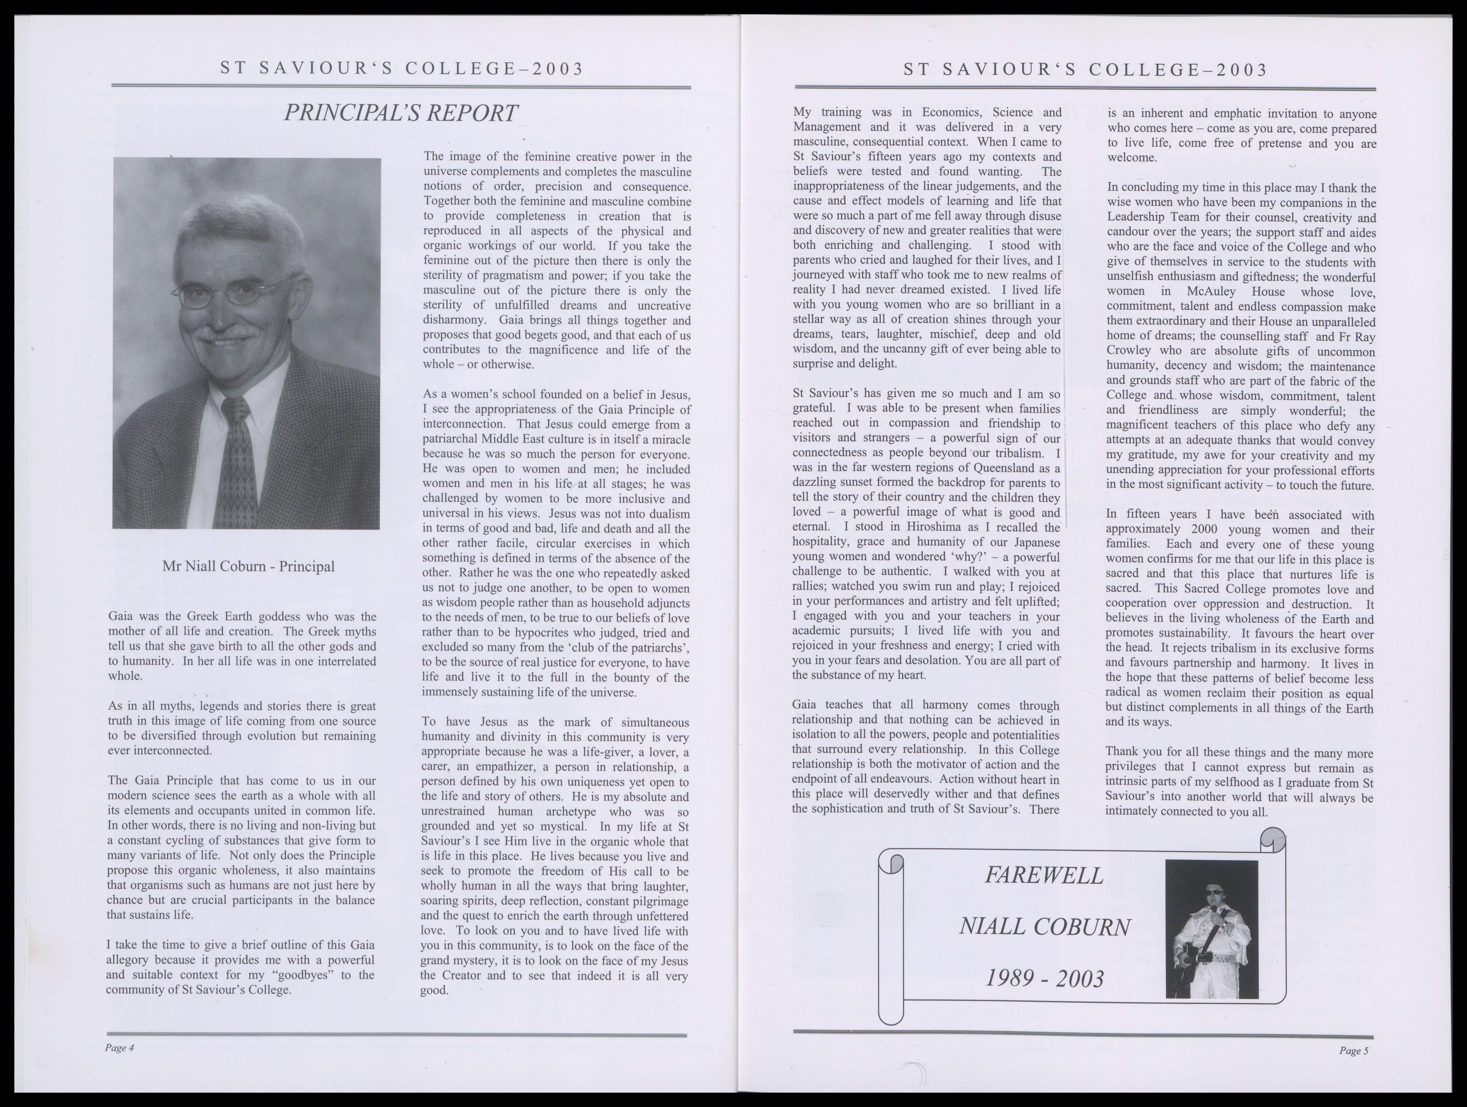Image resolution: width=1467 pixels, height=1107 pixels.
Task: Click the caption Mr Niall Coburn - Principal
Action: [x=248, y=566]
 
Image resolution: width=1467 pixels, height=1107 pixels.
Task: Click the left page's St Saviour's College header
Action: [x=402, y=69]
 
